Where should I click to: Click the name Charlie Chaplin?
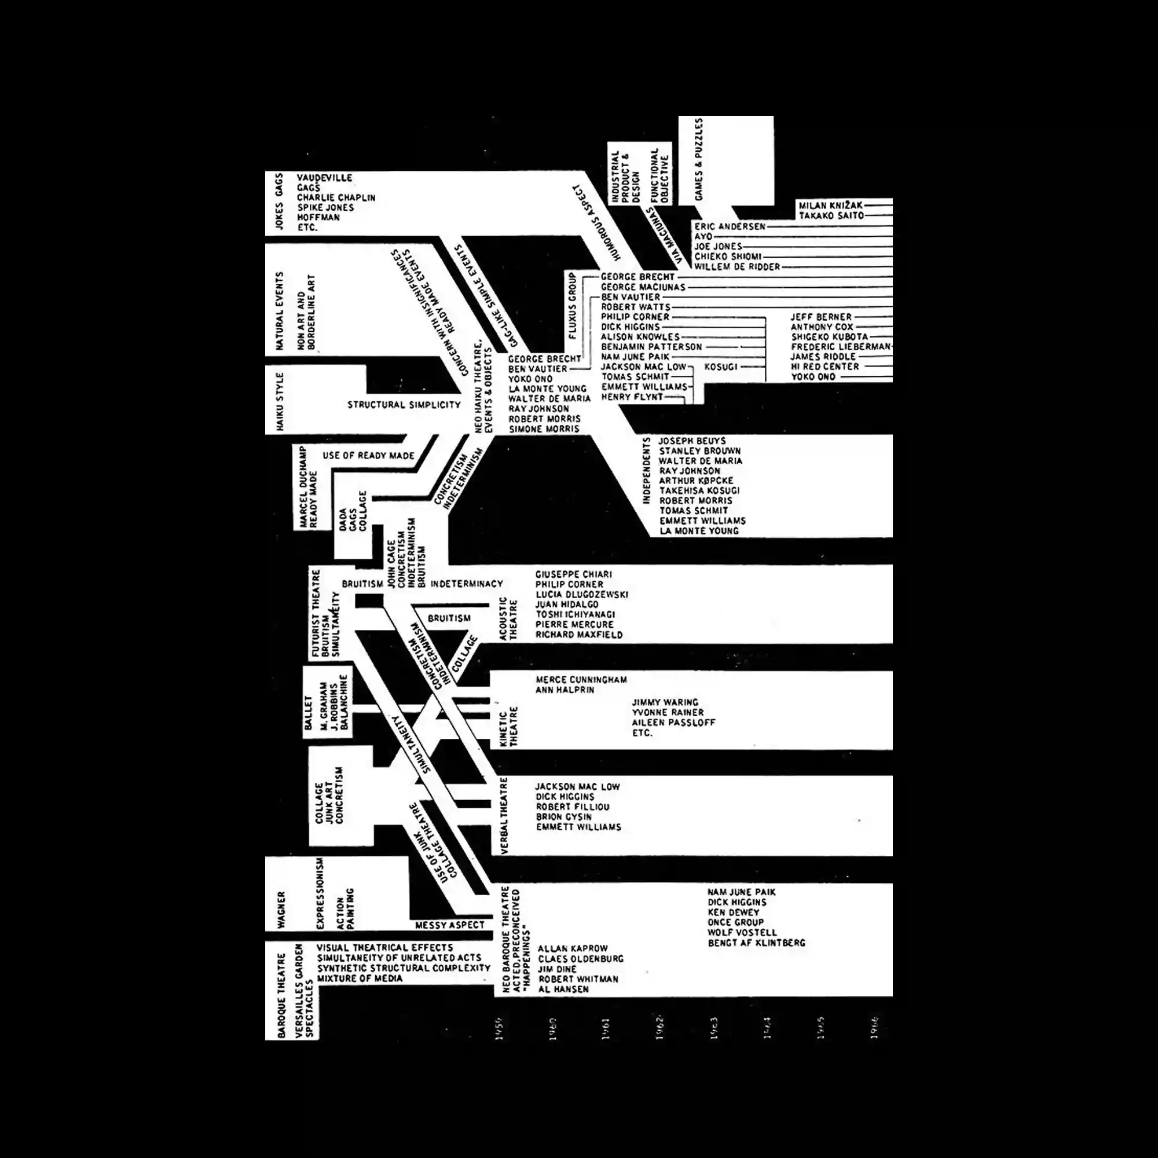(x=336, y=197)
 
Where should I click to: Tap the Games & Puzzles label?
(x=699, y=159)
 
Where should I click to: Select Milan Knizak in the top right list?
(x=830, y=206)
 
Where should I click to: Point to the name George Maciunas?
(x=643, y=287)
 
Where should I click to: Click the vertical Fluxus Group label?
(x=572, y=306)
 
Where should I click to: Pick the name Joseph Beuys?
(x=692, y=441)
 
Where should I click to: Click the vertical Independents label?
(x=646, y=471)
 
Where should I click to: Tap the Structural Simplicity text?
(x=404, y=405)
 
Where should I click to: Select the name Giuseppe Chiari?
(x=573, y=574)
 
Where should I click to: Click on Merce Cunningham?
(x=581, y=680)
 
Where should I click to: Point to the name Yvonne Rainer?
(x=668, y=712)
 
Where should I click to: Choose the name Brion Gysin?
(x=563, y=817)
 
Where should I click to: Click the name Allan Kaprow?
(x=573, y=949)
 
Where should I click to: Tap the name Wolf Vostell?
(x=742, y=933)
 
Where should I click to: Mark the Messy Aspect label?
(x=449, y=925)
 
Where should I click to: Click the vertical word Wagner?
(x=282, y=910)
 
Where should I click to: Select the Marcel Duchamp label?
(x=303, y=487)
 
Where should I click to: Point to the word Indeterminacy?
(x=466, y=584)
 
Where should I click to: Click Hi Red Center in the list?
(x=824, y=367)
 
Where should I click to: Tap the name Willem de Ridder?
(x=736, y=267)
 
